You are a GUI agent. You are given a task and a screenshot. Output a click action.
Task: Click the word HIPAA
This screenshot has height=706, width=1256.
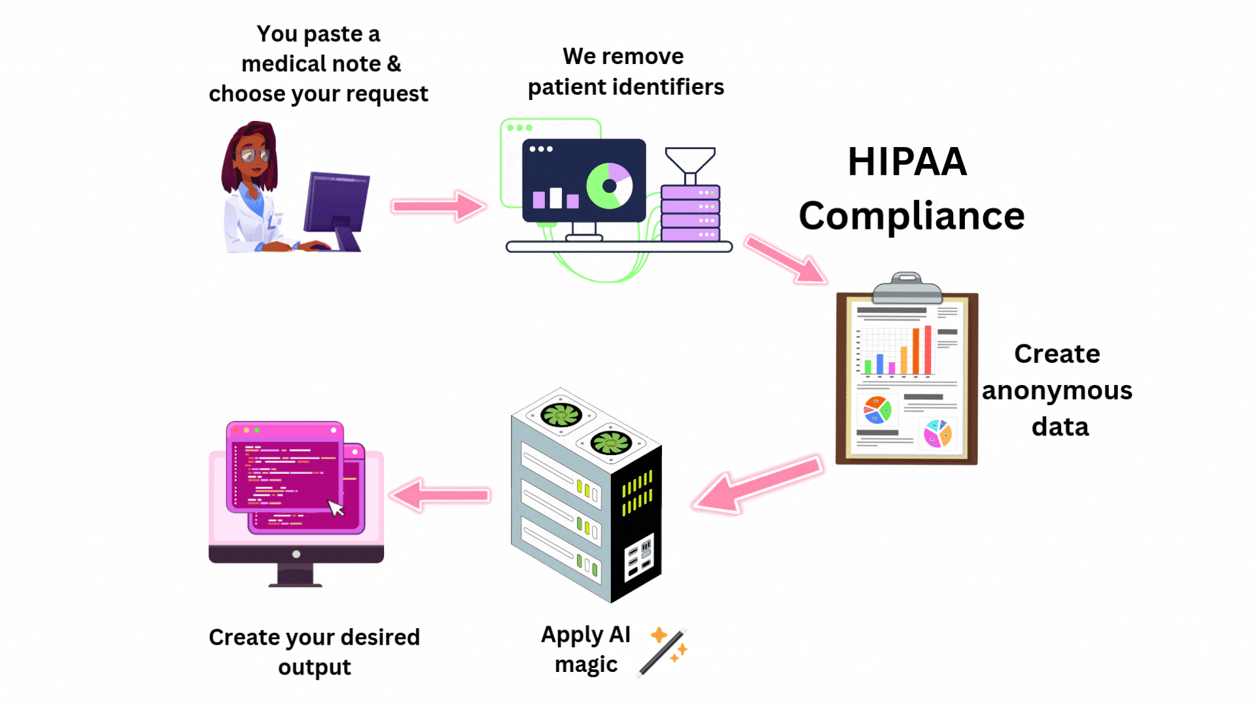(x=907, y=162)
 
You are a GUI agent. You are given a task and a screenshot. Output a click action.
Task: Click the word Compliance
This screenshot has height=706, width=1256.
(x=911, y=216)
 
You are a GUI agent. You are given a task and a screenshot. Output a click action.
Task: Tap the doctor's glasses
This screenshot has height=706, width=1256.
(x=254, y=155)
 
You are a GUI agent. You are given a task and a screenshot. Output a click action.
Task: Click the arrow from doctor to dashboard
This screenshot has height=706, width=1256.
(x=438, y=206)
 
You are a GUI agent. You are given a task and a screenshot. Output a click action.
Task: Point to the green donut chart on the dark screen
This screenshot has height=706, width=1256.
(x=609, y=186)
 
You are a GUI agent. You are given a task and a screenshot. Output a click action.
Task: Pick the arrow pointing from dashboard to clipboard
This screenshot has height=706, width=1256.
(x=786, y=260)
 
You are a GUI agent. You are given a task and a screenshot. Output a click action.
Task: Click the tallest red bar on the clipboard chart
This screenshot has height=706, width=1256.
(x=928, y=350)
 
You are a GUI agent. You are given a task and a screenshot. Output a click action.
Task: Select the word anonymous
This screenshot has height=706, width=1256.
(x=1056, y=391)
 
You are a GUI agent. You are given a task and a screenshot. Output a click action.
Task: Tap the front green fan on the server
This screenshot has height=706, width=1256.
(x=610, y=443)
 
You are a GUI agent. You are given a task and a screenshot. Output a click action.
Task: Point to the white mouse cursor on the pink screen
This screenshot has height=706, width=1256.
(x=336, y=508)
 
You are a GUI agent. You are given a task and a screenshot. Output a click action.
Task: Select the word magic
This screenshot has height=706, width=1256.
(x=585, y=665)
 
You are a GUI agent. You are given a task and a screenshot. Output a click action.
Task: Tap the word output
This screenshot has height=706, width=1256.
(x=314, y=668)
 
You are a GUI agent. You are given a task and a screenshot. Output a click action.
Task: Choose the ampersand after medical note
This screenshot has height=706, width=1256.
(x=394, y=64)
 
